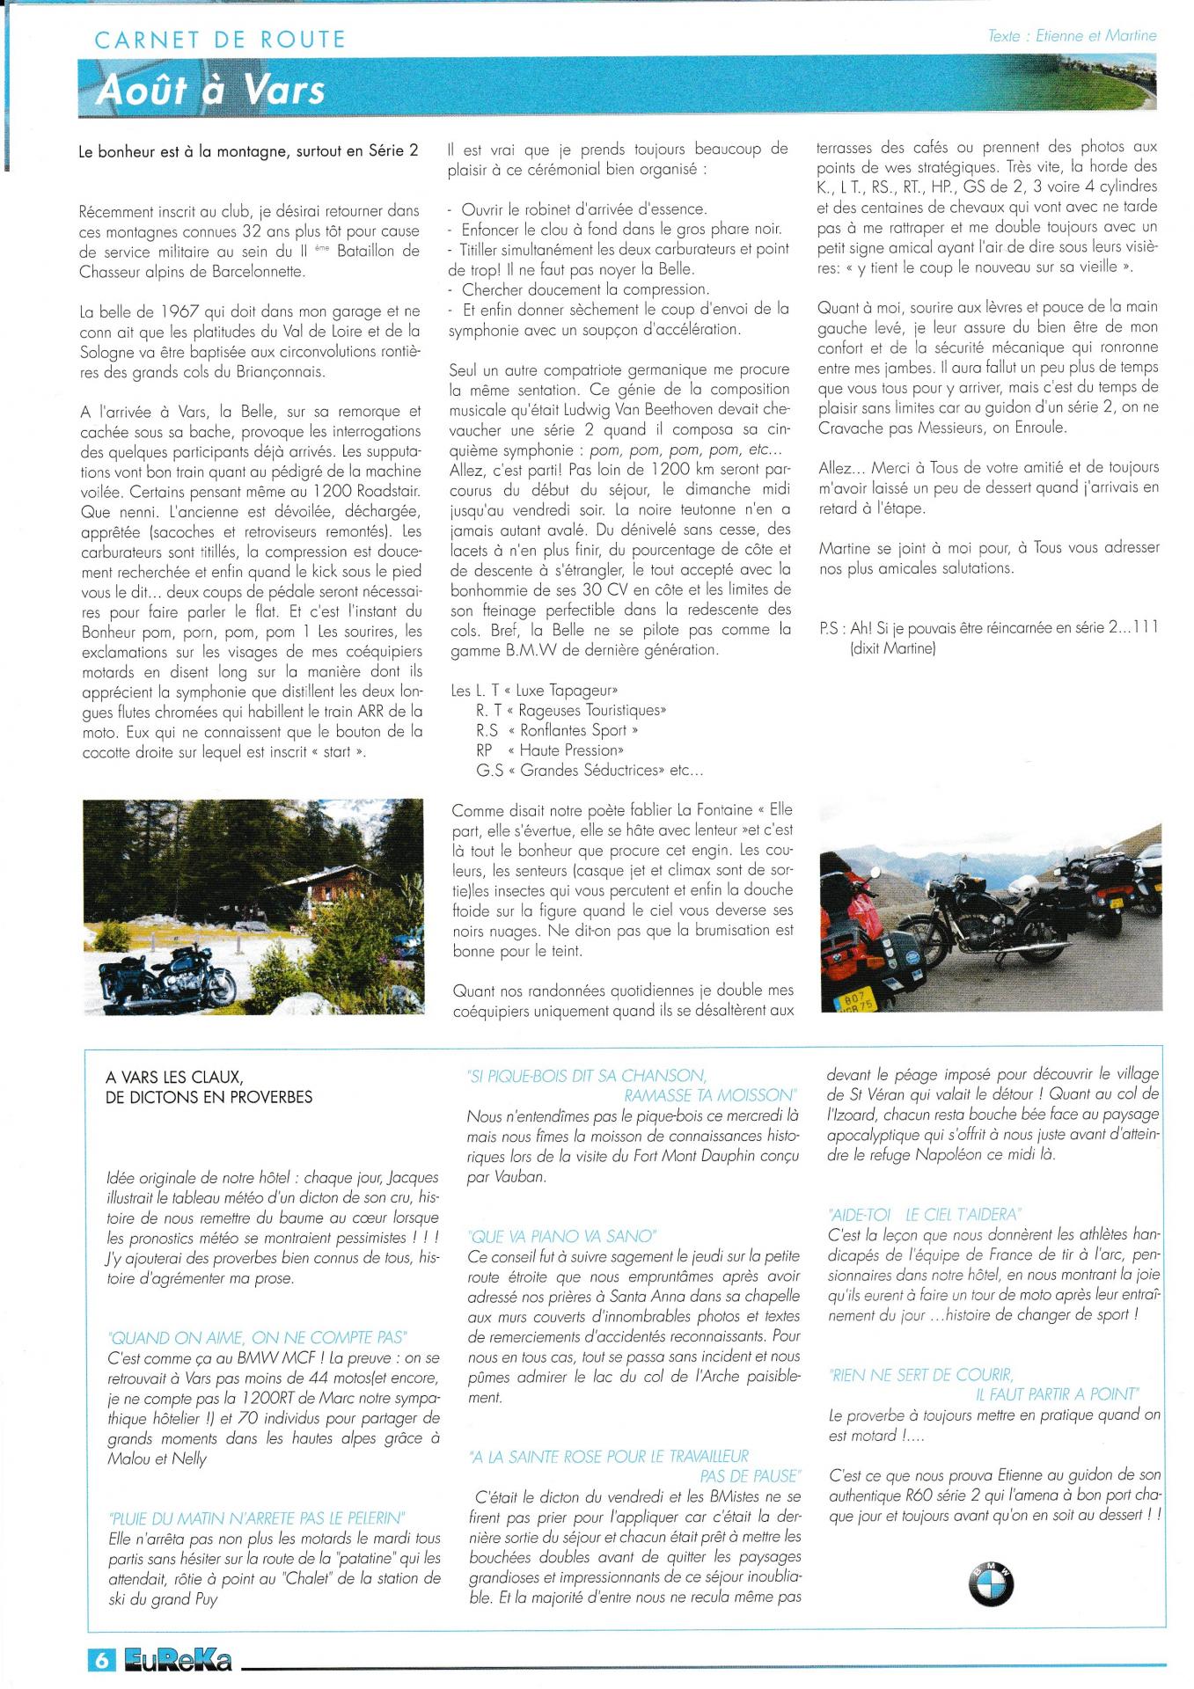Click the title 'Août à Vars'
[x=211, y=90]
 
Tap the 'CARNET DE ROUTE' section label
[x=220, y=40]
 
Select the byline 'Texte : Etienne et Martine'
[x=1072, y=36]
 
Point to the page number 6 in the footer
[x=101, y=1660]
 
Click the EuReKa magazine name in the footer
[x=179, y=1660]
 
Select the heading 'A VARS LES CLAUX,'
[x=174, y=1077]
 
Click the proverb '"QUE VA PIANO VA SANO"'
[x=563, y=1236]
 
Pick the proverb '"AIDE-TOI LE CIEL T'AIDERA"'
[x=924, y=1215]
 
